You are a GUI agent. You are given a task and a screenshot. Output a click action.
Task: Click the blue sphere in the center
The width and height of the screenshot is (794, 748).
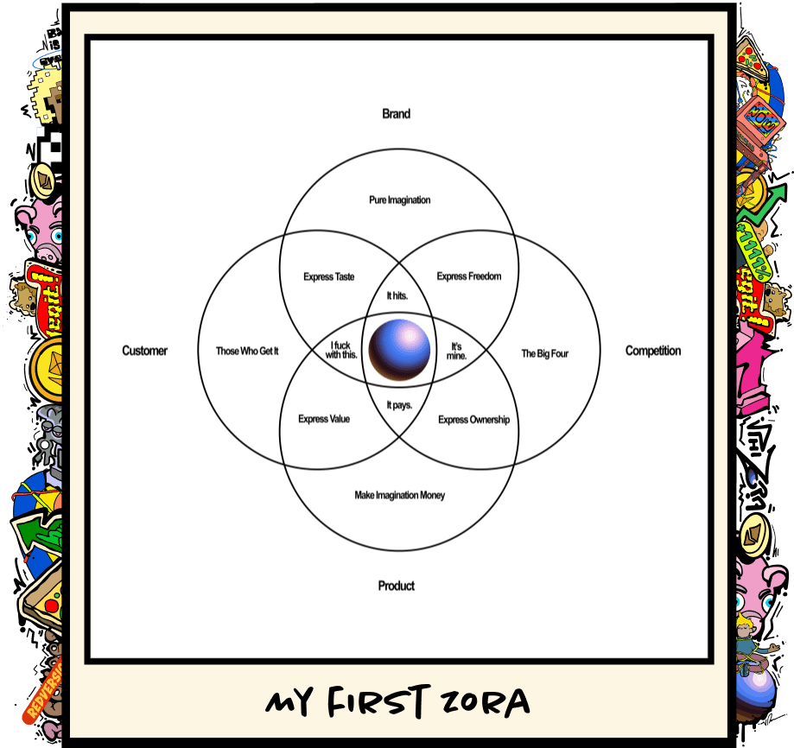coord(399,351)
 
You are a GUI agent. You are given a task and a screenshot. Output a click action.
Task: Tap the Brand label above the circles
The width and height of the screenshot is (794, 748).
coord(397,114)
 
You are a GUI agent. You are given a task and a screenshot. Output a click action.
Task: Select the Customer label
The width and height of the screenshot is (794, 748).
coord(145,351)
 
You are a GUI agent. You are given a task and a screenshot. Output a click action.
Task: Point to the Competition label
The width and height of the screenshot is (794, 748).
coord(653,351)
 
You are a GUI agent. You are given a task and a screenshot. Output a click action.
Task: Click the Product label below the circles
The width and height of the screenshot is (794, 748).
coord(397,586)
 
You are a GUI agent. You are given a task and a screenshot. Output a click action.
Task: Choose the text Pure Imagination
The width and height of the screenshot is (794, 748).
coord(399,200)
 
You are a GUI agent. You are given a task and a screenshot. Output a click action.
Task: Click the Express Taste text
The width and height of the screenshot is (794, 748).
coord(329,277)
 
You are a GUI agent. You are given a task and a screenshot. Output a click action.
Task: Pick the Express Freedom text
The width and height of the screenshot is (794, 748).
coord(469,276)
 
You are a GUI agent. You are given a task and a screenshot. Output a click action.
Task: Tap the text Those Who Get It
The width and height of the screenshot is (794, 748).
coord(247,352)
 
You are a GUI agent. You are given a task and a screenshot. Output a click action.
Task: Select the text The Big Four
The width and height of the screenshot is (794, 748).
coord(545,353)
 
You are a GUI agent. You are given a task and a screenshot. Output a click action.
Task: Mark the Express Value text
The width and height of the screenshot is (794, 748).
coord(324,419)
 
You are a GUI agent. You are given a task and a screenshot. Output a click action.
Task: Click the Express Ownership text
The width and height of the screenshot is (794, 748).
coord(473,420)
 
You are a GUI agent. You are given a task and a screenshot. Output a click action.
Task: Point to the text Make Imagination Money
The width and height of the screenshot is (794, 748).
coord(399,495)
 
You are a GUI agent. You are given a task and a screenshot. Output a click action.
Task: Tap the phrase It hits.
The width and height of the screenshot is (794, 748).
coord(397,295)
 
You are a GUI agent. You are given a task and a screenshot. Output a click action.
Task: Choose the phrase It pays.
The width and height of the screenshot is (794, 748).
coord(399,404)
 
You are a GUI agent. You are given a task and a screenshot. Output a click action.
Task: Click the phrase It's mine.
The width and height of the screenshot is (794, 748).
coord(457,351)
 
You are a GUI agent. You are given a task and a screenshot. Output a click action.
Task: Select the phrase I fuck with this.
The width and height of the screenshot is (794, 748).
coord(342,351)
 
